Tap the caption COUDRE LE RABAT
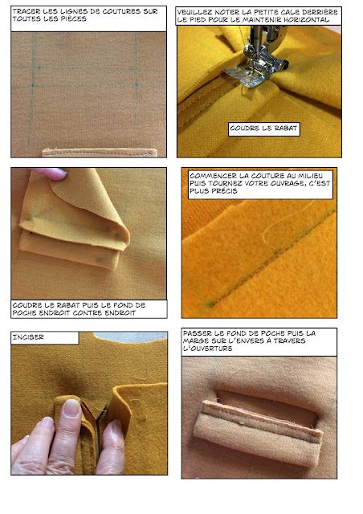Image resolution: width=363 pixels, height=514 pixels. click(263, 128)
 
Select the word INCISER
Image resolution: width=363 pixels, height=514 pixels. click(28, 337)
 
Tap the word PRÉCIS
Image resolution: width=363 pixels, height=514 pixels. click(225, 191)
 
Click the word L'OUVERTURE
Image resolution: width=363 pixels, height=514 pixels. click(208, 348)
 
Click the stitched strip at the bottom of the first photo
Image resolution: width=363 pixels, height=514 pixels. click(100, 153)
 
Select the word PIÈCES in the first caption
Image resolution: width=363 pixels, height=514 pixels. click(75, 18)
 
